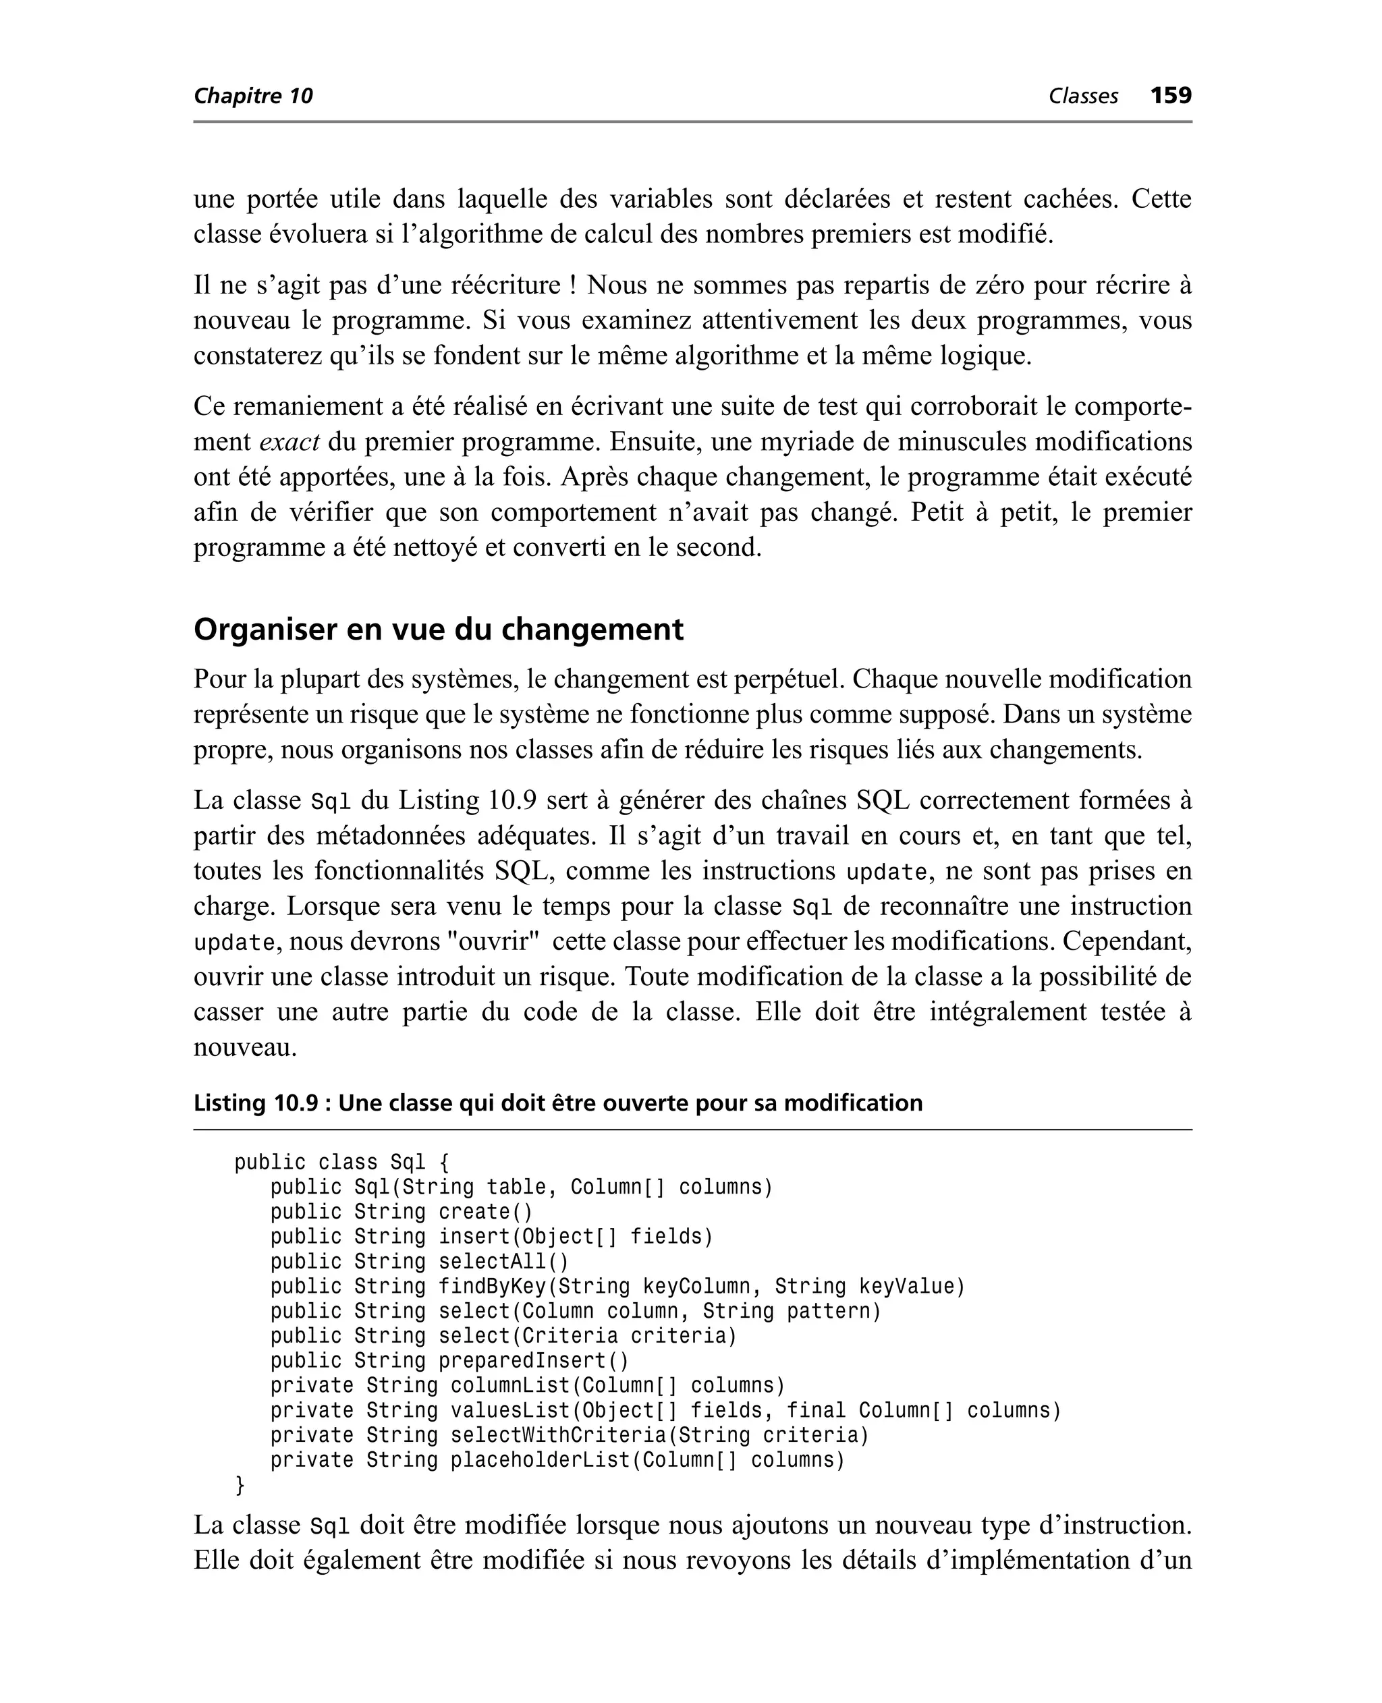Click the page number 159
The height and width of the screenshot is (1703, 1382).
click(x=1170, y=96)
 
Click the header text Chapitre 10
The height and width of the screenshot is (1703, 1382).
click(x=253, y=96)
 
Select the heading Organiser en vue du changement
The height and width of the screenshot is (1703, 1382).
click(x=438, y=630)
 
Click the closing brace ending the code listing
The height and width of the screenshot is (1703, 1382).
click(x=240, y=1485)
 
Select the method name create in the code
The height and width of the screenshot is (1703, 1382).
click(x=474, y=1212)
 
